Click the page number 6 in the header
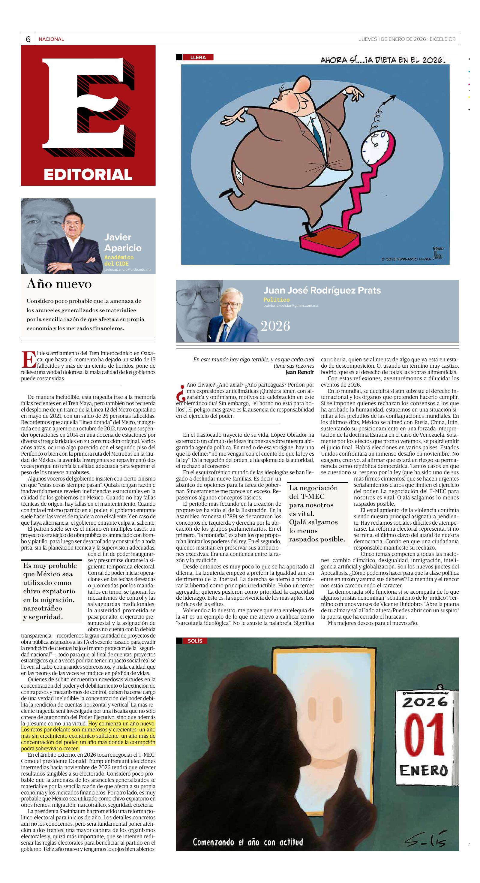(28, 39)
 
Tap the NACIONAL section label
(51, 39)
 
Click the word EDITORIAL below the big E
(88, 174)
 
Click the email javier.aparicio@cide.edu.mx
(127, 270)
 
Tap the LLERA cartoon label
(198, 57)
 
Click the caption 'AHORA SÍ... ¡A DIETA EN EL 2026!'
(383, 60)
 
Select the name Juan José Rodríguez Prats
(322, 290)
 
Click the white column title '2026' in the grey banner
(275, 326)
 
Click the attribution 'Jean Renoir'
(299, 372)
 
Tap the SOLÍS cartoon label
(195, 641)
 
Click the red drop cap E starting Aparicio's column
(28, 360)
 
